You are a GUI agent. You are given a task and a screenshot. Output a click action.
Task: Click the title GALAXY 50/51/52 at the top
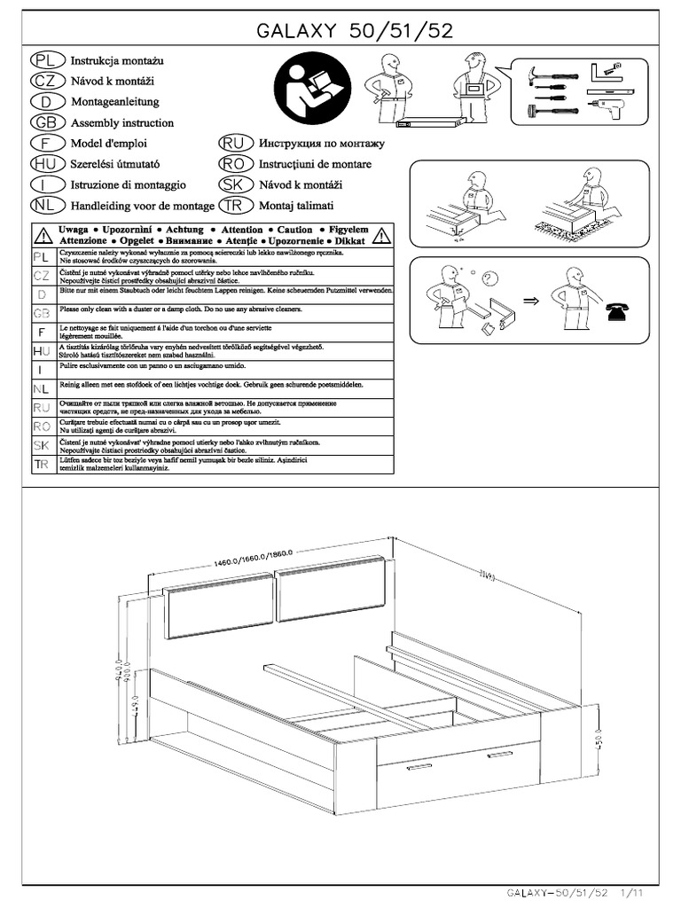coord(355,31)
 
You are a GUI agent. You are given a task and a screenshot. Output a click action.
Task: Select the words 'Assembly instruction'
coord(122,123)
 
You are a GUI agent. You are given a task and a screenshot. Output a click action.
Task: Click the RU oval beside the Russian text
coord(234,144)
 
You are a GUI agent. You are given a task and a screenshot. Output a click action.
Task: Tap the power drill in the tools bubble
coord(605,110)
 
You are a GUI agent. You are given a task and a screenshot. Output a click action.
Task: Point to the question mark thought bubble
coord(488,279)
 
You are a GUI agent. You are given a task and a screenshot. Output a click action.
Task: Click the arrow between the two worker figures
coord(531,301)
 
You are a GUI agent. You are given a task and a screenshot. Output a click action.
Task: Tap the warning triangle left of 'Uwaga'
coord(42,235)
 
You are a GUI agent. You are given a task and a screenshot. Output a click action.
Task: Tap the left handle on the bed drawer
coord(419,765)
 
